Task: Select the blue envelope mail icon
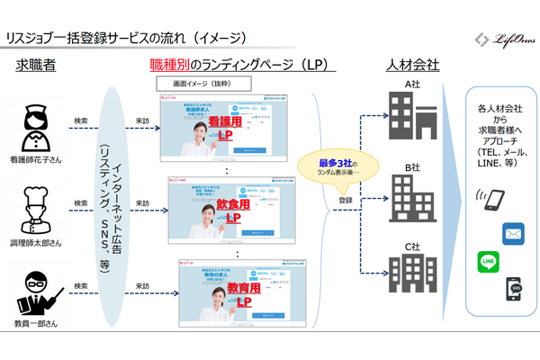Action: click(514, 232)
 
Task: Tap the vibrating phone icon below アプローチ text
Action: click(493, 199)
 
